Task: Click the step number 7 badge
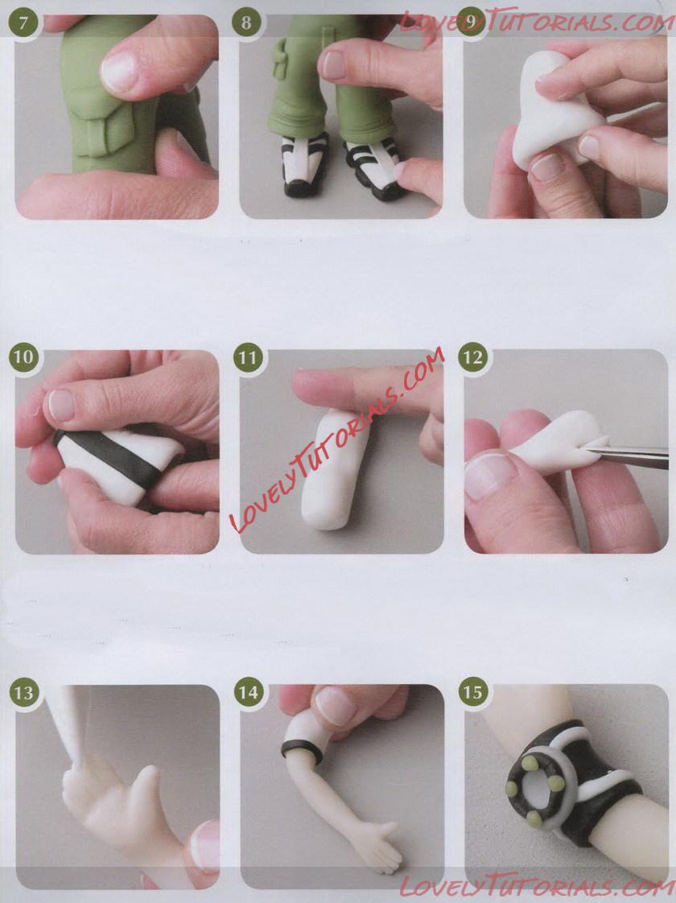coord(23,23)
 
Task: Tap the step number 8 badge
coord(246,23)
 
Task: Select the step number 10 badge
coord(23,357)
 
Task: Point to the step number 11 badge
coord(248,357)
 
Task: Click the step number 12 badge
coord(472,357)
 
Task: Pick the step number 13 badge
coord(23,692)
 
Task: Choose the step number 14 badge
coord(248,692)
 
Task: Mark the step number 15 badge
coord(472,692)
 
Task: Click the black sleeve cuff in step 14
coord(301,748)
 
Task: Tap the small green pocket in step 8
coord(281,60)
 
